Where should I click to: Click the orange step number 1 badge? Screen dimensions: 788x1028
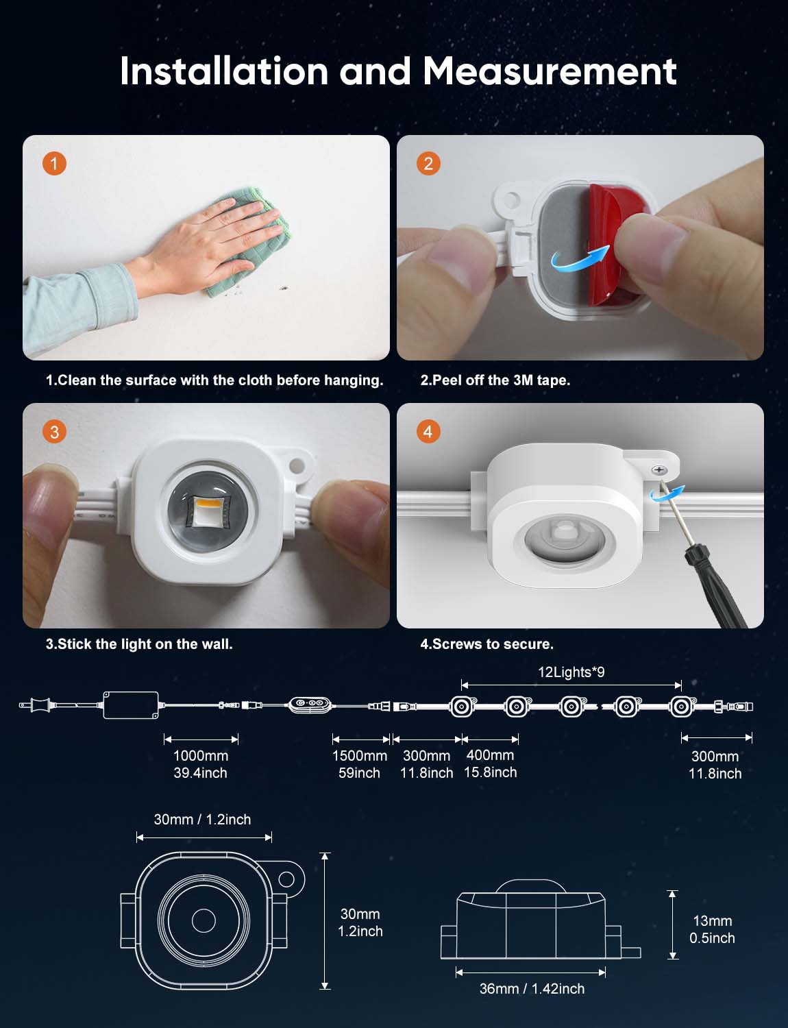54,164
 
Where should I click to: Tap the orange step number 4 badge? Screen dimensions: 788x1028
428,432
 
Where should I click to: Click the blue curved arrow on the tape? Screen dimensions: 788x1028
580,256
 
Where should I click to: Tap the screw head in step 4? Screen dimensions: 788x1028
659,470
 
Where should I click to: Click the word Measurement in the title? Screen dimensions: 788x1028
550,71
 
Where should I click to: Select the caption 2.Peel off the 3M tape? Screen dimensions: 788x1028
495,380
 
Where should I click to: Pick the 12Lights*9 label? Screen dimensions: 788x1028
571,672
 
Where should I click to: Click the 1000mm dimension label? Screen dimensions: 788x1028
201,755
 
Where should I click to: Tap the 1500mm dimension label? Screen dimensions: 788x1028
360,755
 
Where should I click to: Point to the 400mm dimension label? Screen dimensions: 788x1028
490,755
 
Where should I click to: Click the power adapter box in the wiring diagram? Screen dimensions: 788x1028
131,705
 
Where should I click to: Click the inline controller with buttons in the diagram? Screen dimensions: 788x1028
309,705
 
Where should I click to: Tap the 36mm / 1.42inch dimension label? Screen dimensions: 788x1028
532,989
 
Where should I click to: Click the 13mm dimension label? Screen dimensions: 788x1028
713,920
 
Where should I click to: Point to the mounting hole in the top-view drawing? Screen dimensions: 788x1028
286,879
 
